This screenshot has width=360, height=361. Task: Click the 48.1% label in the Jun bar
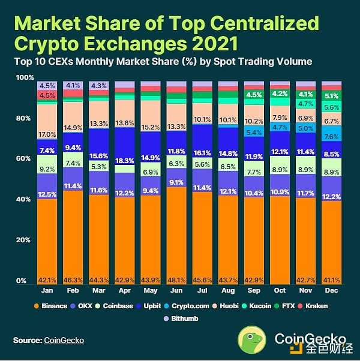click(x=176, y=280)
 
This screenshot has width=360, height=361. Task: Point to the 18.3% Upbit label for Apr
click(x=125, y=161)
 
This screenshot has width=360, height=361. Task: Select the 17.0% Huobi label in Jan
click(x=47, y=134)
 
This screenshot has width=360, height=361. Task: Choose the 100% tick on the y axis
click(x=25, y=78)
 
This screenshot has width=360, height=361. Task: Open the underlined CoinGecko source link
click(x=64, y=341)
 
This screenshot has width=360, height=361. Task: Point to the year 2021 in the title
click(x=208, y=44)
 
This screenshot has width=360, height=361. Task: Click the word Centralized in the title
click(x=266, y=24)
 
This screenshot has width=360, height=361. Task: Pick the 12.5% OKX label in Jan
click(x=47, y=194)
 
